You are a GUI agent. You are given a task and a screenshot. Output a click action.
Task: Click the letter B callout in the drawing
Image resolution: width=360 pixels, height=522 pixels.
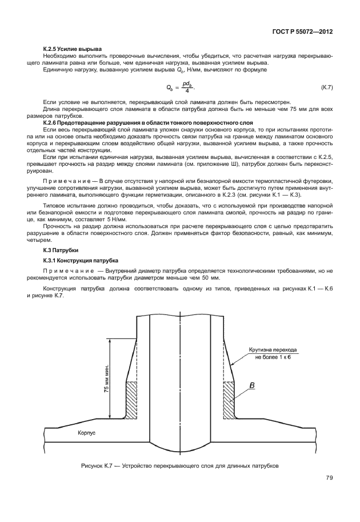251,386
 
